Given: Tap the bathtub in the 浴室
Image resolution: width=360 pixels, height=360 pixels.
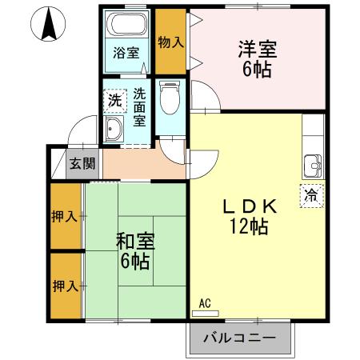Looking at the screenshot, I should click(x=126, y=23).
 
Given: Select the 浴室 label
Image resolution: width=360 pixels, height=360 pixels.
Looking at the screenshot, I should click(x=126, y=54).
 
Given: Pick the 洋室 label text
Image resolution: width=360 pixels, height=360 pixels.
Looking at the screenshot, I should click(x=257, y=49).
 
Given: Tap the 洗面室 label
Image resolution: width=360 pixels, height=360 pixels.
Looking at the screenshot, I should click(x=139, y=106).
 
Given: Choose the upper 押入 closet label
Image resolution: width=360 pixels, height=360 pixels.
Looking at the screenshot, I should click(x=66, y=216).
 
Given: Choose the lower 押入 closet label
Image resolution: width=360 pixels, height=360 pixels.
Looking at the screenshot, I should click(x=66, y=285).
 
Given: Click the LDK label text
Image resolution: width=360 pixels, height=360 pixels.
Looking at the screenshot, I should click(x=248, y=206).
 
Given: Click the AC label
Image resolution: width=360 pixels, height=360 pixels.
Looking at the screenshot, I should click(x=204, y=304).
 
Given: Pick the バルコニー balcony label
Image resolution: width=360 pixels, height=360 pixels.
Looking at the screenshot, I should click(x=238, y=338).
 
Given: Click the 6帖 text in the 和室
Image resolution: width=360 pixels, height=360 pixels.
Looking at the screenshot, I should click(x=135, y=261).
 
